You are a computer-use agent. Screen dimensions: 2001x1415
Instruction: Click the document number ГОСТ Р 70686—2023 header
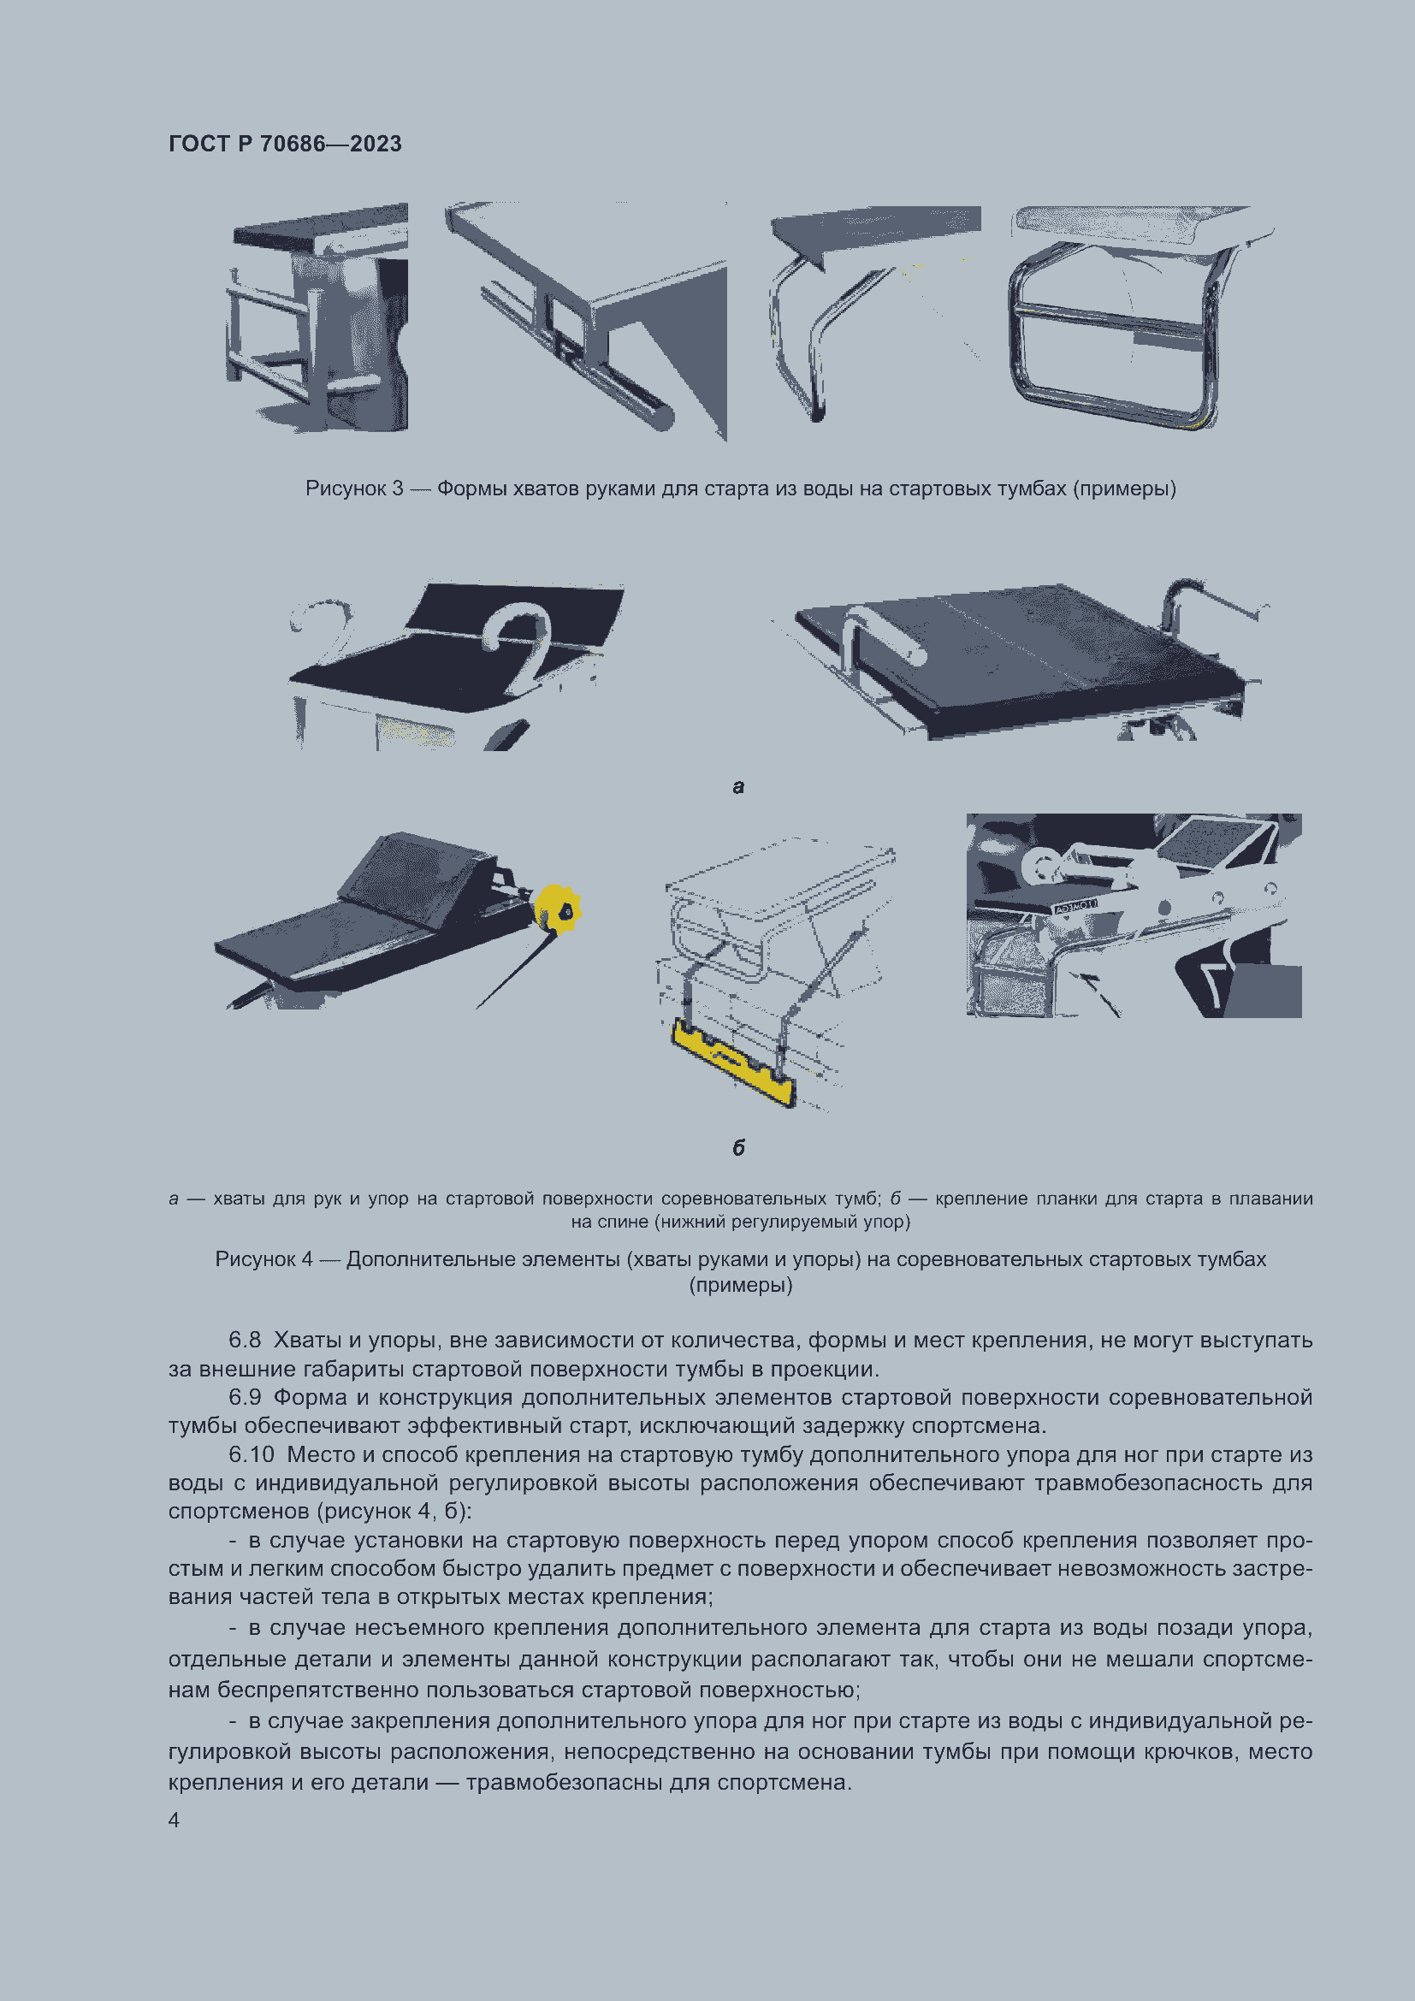[x=285, y=144]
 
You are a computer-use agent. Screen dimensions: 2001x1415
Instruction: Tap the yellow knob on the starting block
[x=558, y=909]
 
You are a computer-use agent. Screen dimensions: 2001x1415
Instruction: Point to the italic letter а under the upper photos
[x=738, y=787]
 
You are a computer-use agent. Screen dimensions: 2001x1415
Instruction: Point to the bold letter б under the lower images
[x=738, y=1148]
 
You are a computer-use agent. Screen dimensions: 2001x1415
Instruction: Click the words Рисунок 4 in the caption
[x=263, y=1259]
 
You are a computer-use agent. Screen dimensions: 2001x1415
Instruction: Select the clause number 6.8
[x=244, y=1341]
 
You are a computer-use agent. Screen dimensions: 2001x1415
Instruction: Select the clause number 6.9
[x=244, y=1398]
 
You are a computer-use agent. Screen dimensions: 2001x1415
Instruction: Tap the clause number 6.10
[x=251, y=1455]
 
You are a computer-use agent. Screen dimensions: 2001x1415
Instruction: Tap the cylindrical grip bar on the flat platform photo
[x=885, y=636]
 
